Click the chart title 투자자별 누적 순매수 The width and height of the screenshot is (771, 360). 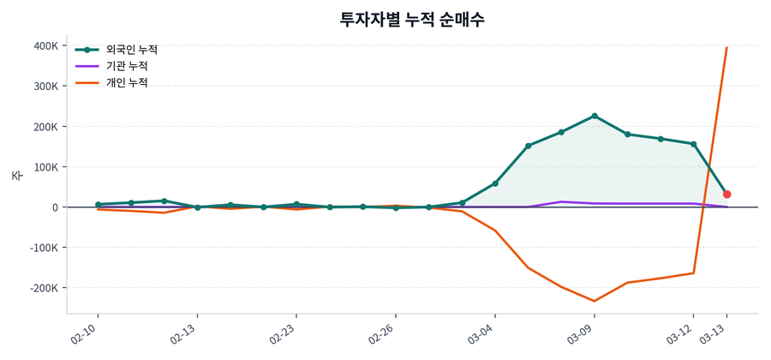point(413,19)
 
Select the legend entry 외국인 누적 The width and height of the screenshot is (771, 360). point(137,50)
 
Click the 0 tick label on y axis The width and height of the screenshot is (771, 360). point(55,207)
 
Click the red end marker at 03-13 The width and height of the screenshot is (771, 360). point(727,195)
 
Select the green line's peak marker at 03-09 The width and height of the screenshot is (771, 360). point(595,116)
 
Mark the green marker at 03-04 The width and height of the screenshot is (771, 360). point(495,183)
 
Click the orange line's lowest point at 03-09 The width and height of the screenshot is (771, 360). point(595,301)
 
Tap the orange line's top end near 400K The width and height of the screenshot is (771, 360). point(727,48)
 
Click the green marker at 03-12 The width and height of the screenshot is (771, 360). point(694,144)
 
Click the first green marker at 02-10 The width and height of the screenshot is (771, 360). point(98,205)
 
